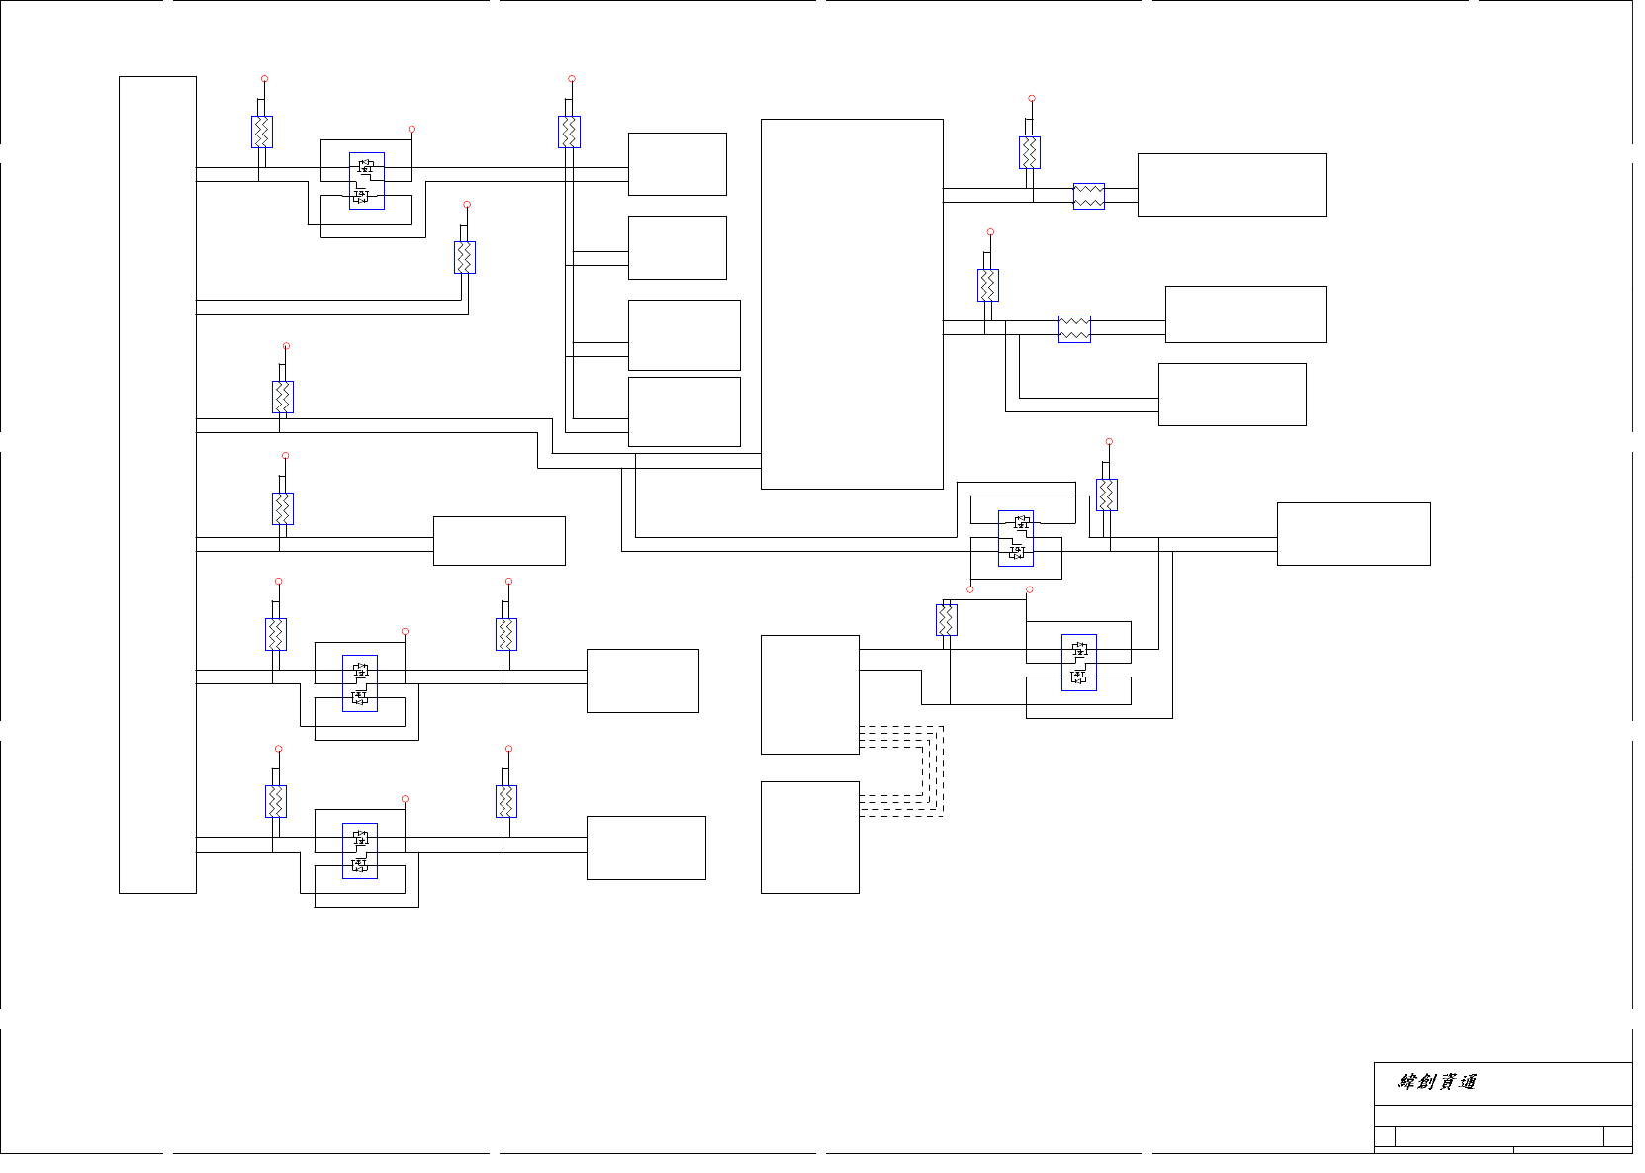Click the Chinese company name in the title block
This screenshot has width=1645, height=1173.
point(1437,1082)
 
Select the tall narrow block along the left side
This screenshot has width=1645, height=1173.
point(157,485)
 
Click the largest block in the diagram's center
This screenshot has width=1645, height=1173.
point(852,304)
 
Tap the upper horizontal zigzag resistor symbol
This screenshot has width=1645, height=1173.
point(1089,196)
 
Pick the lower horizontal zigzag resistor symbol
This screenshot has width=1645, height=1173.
point(1074,328)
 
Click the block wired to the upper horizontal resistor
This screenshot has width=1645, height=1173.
point(1232,185)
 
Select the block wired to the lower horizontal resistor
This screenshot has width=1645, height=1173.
point(1245,315)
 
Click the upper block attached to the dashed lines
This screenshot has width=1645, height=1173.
point(809,694)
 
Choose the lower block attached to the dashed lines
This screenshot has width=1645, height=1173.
point(809,837)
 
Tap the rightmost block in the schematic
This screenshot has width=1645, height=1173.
point(1353,534)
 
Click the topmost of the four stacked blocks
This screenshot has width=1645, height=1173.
point(677,164)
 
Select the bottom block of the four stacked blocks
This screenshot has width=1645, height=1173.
point(684,411)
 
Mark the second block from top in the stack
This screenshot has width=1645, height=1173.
point(677,247)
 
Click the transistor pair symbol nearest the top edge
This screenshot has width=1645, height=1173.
point(366,181)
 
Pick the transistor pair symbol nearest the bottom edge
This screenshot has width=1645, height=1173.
point(360,851)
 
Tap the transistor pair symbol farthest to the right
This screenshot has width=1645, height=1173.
point(1078,663)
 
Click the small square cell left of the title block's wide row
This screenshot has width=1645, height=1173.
point(1385,1135)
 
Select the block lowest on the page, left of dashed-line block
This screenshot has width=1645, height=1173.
point(646,848)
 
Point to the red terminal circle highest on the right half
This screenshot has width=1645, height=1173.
point(1032,99)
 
